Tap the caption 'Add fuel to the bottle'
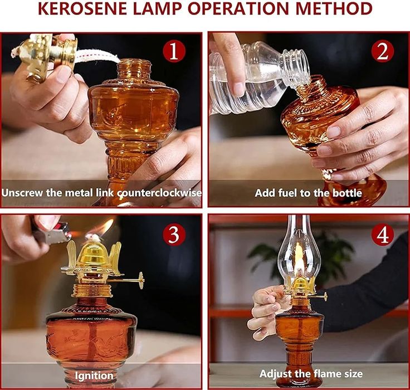(x=308, y=193)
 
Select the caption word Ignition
(x=94, y=376)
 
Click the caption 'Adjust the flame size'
(x=311, y=373)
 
